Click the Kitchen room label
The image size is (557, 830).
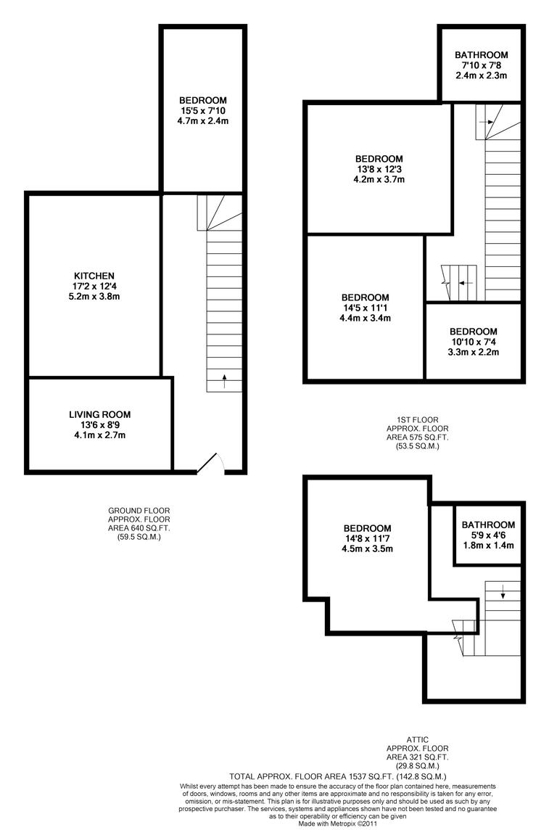click(94, 276)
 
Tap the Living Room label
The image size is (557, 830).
click(100, 414)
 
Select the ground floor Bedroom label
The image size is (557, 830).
click(203, 100)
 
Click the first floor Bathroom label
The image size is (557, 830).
click(481, 54)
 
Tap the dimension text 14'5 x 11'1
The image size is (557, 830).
click(365, 308)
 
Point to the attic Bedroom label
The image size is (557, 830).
click(367, 528)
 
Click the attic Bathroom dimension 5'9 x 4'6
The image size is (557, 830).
click(488, 535)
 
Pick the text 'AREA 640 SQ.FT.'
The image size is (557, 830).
click(139, 528)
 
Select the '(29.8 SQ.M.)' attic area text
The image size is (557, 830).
click(418, 765)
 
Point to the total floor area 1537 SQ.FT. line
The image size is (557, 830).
click(342, 776)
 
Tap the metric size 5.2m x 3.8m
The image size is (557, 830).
click(94, 297)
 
